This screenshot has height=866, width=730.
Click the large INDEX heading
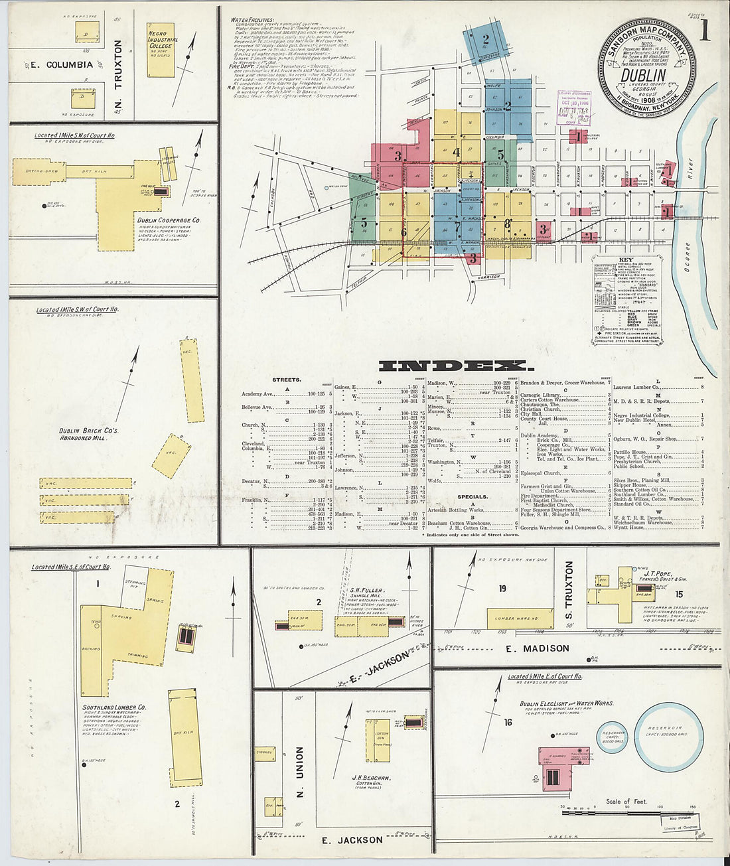point(454,366)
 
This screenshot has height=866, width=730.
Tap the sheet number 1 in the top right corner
point(704,32)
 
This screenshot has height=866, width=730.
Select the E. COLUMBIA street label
point(60,64)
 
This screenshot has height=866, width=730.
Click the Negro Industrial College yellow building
point(161,48)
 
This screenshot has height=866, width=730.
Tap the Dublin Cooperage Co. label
point(169,220)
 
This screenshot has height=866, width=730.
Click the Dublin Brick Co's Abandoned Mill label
point(88,434)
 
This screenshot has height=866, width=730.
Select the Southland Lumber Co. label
point(114,707)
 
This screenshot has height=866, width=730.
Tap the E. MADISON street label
point(537,648)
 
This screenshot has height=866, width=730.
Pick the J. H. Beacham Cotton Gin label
point(372,778)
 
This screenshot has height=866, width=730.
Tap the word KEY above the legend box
point(625,260)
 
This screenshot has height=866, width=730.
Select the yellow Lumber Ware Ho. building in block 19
point(510,618)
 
